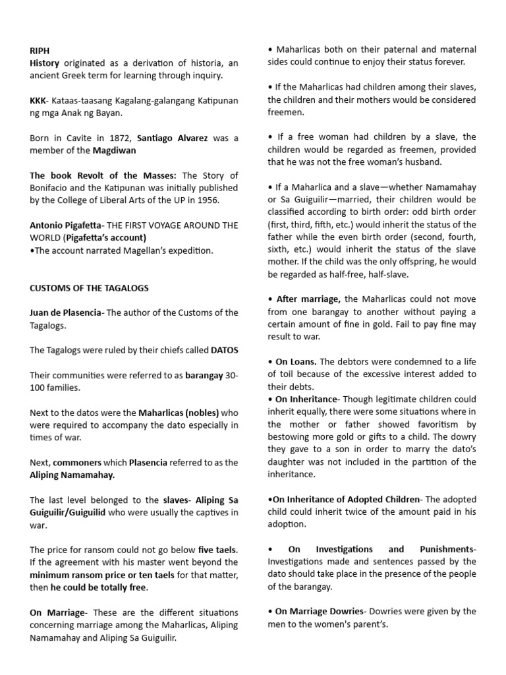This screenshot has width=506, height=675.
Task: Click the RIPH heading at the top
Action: point(40,50)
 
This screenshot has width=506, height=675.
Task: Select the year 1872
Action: point(123,138)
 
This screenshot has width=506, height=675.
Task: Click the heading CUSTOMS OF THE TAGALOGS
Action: point(89,287)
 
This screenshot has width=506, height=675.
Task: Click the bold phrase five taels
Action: point(217,550)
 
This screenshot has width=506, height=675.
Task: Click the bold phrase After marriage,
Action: point(308,299)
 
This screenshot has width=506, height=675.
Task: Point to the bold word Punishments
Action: point(444,549)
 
